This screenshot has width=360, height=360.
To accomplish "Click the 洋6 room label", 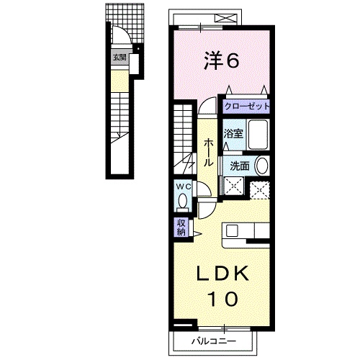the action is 222,61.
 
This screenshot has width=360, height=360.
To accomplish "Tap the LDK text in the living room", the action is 222,274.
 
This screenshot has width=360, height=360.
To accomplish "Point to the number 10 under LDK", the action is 224,299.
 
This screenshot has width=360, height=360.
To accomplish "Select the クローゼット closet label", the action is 246,106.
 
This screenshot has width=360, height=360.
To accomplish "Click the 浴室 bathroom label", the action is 233,134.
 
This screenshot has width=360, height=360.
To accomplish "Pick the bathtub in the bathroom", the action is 258,135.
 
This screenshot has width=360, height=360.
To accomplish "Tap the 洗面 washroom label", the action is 240,166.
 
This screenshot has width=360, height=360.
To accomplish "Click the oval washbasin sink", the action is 261,166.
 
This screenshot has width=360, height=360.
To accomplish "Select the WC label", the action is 184,186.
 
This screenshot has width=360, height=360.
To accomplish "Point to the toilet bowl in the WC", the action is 183,201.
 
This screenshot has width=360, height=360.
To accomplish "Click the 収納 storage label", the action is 181,228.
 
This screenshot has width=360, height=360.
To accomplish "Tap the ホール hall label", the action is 208,153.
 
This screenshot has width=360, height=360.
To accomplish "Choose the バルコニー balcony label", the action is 214,341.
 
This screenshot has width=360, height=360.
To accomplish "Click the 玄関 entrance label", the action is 120,58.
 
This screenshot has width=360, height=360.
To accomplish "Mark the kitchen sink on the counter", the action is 232,230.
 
